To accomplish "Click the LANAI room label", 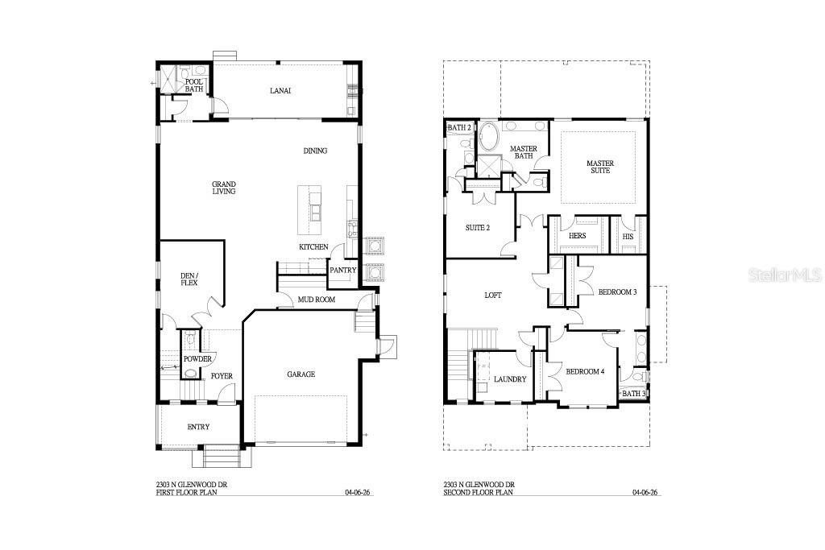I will pos(280,91).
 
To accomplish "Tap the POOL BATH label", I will pos(194,85).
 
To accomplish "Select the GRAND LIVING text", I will pos(223,187).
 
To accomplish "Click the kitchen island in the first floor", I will pos(309,206).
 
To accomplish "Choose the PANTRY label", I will pos(342,270).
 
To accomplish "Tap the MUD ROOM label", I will pos(316,300).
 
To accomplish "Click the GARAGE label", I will pos(301,374).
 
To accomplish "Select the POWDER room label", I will pos(197,359).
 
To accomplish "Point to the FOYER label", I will pos(222,376).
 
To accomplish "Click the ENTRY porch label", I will pos(198,427).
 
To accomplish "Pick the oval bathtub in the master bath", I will pos(489,138).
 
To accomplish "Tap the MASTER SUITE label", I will pos(599,167).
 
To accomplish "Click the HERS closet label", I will pos(577,236).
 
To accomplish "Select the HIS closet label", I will pos(628,236).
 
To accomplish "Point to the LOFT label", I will pos(492,296).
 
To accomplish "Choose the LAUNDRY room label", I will pos(510,379).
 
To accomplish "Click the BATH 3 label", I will pos(633,393).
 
